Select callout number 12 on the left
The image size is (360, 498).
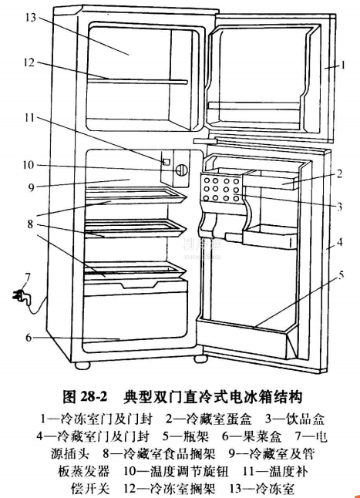coord(28,63)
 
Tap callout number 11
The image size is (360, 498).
coord(28,118)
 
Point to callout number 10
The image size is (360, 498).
coord(28,164)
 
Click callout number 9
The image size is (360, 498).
coord(28,185)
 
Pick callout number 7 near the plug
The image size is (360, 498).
coord(27,277)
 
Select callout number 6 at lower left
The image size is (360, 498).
coord(28,337)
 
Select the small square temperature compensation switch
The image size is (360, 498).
coord(165,162)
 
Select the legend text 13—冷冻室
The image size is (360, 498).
coord(262,489)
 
